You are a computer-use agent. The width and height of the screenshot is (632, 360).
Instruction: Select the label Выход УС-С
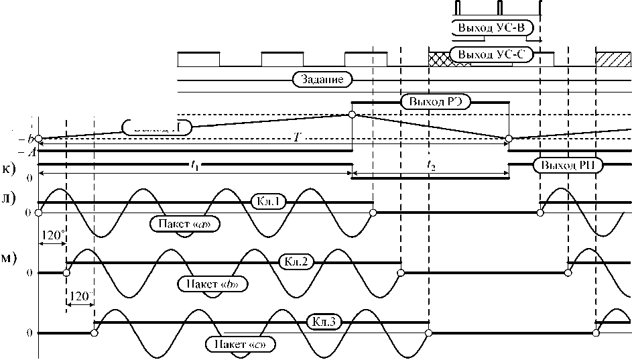pos(491,54)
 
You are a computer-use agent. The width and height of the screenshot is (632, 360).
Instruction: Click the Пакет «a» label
pos(187,223)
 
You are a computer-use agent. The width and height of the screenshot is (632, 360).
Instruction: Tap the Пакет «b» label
pos(213,284)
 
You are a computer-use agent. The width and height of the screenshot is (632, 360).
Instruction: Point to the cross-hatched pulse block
pos(440,58)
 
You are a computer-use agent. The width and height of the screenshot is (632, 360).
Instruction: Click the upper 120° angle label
pos(52,235)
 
